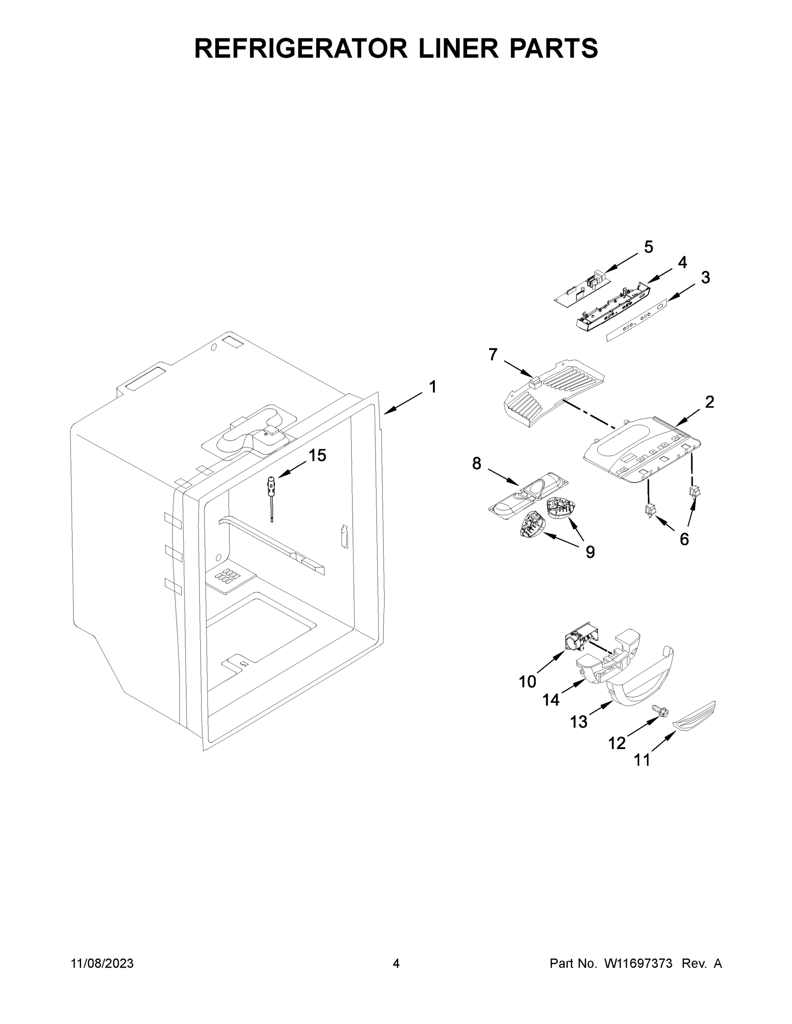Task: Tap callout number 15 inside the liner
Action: click(x=317, y=455)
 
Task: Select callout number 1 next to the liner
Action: click(x=432, y=387)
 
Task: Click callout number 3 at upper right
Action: click(x=705, y=278)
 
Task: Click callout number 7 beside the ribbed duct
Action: click(x=492, y=355)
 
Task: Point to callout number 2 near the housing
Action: click(x=709, y=402)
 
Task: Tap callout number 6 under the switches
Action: click(x=684, y=540)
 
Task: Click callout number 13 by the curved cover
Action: click(x=579, y=722)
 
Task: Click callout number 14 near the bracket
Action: click(x=551, y=700)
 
